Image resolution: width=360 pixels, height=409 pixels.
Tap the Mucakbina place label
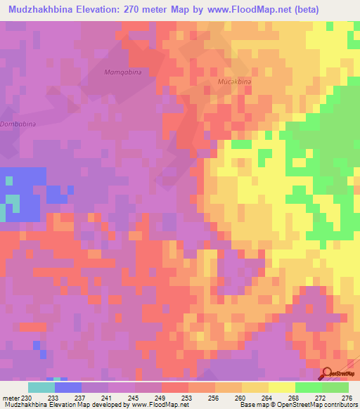click(234, 82)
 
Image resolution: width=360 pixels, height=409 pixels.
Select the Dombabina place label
click(17, 124)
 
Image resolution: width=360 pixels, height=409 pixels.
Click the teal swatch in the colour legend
click(41, 387)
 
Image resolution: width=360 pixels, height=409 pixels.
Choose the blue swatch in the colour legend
click(67, 387)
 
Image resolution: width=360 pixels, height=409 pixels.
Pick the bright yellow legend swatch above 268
click(281, 387)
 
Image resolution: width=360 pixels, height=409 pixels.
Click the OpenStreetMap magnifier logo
click(328, 374)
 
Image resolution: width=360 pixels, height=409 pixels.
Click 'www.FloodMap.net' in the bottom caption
click(150, 405)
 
